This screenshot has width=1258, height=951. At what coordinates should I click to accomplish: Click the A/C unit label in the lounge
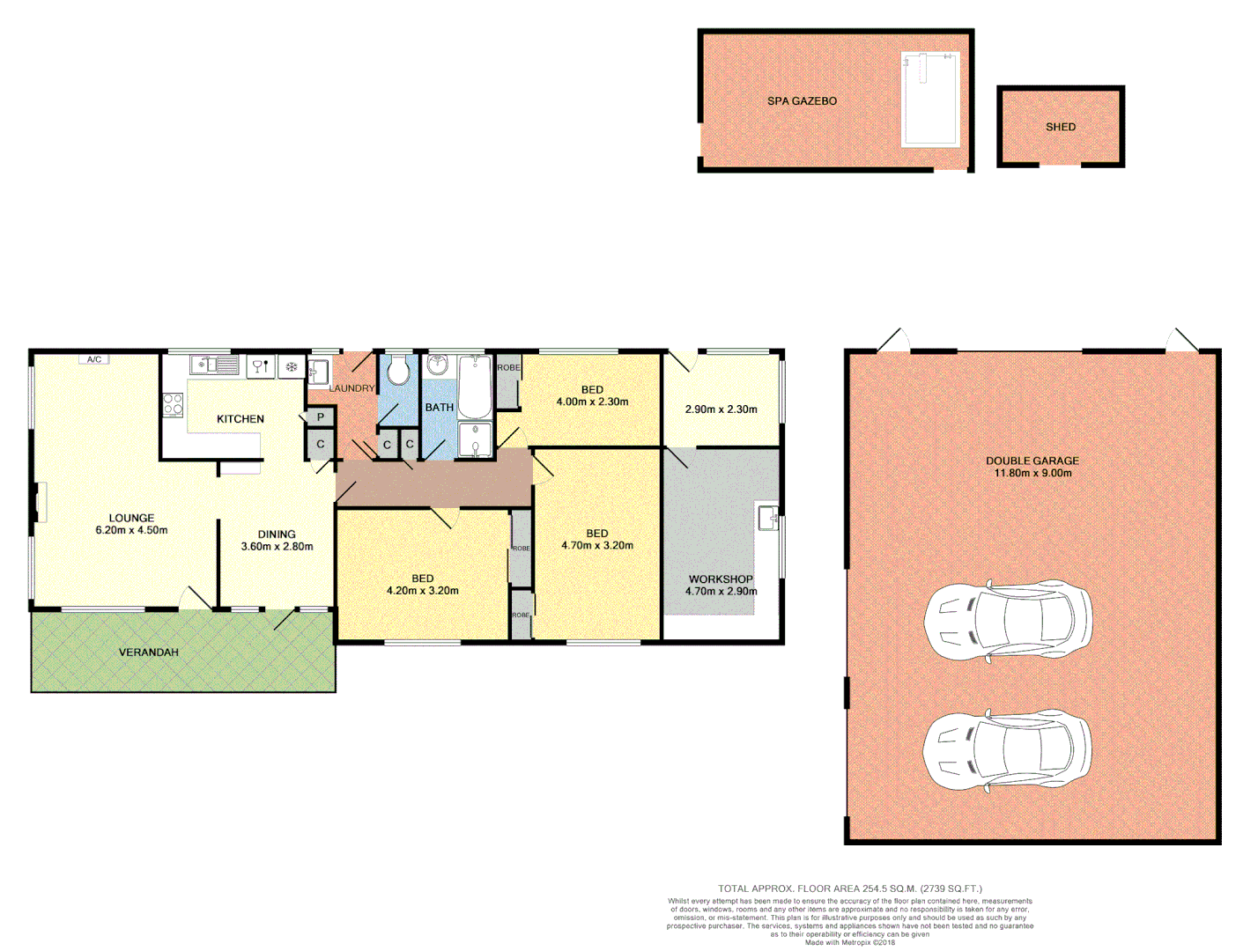(x=94, y=359)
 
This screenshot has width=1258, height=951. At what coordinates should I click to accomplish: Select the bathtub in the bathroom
(x=474, y=386)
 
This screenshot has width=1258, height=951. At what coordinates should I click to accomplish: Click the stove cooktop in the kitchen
(x=173, y=405)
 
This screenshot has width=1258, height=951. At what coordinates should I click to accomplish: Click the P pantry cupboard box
(x=321, y=417)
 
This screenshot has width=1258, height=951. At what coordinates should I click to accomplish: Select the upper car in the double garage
(x=1008, y=621)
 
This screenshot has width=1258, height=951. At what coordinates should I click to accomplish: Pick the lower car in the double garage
(x=1007, y=751)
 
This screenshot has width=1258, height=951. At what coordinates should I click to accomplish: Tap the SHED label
(x=1060, y=127)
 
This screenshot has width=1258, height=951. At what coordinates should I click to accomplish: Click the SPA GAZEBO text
(x=802, y=101)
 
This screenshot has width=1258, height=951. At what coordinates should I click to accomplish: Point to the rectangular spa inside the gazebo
(x=929, y=100)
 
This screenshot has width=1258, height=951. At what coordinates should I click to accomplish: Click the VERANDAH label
(x=149, y=652)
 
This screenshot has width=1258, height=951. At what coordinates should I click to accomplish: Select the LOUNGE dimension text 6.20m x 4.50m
(x=131, y=530)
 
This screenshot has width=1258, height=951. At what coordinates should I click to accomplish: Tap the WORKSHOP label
(x=721, y=579)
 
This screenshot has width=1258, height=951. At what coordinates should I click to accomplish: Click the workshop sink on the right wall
(x=767, y=517)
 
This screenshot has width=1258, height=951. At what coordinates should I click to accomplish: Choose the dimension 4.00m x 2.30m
(x=592, y=402)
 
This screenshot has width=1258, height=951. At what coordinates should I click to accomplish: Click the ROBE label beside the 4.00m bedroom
(x=508, y=368)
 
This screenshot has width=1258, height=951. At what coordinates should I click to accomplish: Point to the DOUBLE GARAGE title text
(x=1032, y=461)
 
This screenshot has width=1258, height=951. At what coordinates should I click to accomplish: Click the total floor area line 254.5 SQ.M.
(x=849, y=888)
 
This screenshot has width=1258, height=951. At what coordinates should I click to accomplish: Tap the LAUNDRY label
(x=351, y=388)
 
